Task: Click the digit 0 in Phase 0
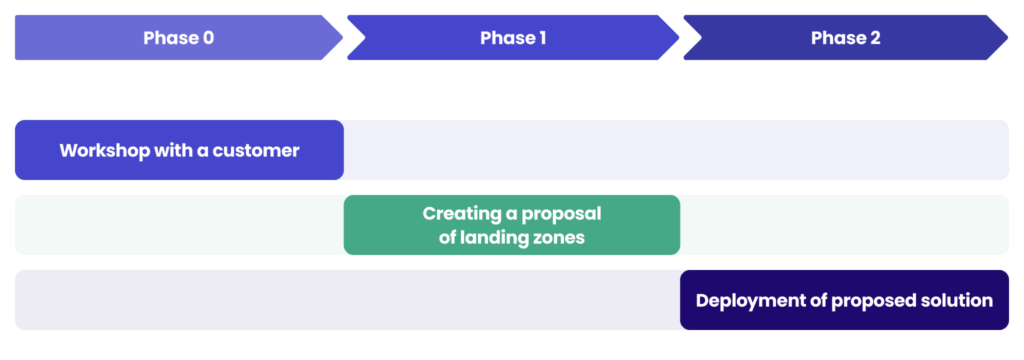click(208, 38)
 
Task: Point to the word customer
click(261, 151)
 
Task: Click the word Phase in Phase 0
click(170, 38)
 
